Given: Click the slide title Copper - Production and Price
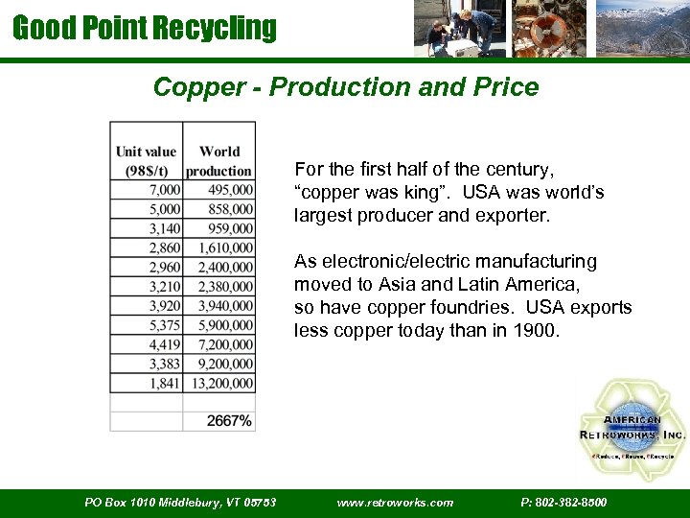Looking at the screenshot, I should [x=346, y=87].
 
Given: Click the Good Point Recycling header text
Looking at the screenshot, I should [x=144, y=28].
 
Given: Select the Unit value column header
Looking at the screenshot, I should [x=146, y=160].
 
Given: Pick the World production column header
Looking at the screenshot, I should [x=219, y=160].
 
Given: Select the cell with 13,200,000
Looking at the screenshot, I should [x=220, y=384].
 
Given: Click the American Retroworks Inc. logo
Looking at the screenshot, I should [x=631, y=428].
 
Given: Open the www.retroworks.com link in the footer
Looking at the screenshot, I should [x=396, y=503].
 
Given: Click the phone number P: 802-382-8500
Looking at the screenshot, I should [x=563, y=503].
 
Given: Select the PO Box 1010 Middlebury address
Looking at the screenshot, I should [x=180, y=503].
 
